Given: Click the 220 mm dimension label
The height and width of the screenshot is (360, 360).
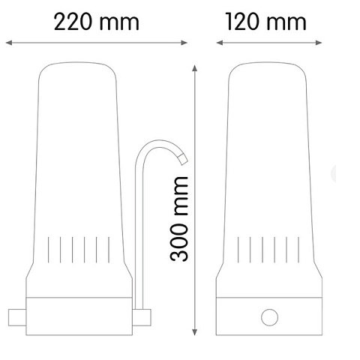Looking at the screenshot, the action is point(97,22).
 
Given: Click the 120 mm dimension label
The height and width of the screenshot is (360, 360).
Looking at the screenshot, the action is point(265,22).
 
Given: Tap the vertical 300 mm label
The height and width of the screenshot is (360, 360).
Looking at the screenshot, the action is point(179,219).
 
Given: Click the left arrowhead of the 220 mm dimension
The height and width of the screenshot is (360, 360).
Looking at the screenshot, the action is point(9,43).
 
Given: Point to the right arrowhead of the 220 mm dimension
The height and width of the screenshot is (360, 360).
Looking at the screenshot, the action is point(184,43).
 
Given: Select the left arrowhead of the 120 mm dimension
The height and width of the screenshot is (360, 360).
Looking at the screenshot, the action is point(220,43).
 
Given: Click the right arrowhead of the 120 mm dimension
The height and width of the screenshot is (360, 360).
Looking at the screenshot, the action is point(319,43).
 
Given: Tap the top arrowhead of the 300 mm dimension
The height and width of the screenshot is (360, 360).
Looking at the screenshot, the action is point(195,67).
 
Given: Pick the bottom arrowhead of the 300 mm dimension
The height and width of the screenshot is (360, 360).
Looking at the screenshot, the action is point(195,332).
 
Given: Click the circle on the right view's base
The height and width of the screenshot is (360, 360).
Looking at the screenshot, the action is point(269,317).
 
